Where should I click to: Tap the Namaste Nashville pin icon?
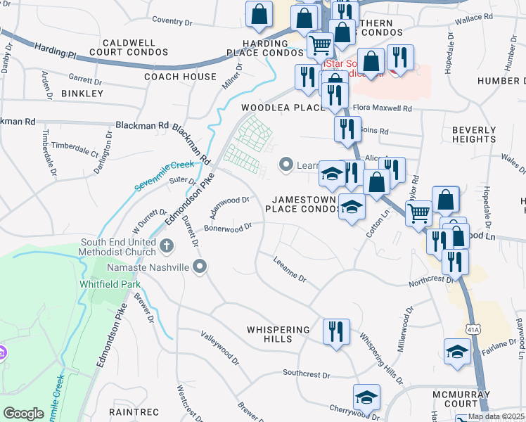pos(200,267)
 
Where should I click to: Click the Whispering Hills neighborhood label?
pos(278,334)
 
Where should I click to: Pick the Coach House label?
pos(180,77)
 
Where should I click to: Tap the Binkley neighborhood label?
pos(82,93)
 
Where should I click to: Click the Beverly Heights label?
pos(474,134)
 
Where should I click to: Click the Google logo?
pos(23,414)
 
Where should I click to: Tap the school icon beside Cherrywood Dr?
pos(366,397)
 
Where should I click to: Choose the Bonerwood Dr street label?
pos(228,228)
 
